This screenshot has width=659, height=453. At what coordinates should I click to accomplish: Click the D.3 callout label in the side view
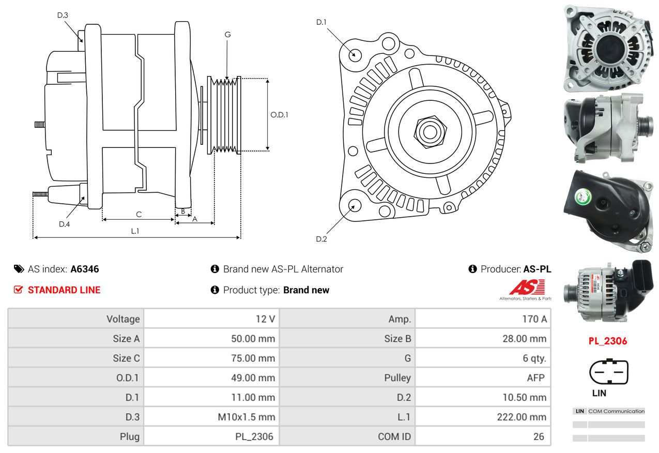click(63, 15)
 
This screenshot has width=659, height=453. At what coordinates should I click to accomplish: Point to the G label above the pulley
click(227, 35)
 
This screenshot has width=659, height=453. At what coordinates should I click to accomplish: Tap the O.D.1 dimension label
click(279, 115)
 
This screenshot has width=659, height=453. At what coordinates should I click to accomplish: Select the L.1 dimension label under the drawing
click(135, 231)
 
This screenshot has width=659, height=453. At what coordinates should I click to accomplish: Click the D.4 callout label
click(64, 224)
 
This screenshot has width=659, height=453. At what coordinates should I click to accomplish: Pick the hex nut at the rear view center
click(429, 131)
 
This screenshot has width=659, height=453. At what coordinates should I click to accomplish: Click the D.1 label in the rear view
click(321, 22)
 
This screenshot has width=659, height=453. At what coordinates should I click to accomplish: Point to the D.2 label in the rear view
click(321, 239)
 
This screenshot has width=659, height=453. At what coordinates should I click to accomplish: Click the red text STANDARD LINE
click(64, 290)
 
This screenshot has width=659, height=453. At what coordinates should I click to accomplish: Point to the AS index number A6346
click(85, 269)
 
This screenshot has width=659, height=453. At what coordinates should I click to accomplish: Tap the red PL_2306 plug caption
click(608, 341)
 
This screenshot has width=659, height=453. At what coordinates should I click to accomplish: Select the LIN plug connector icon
click(608, 372)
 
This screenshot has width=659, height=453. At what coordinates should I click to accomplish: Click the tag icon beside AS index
click(19, 269)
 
